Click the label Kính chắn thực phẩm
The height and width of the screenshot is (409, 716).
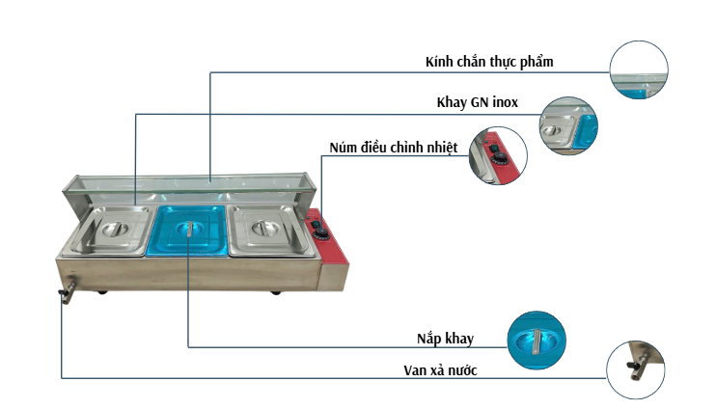488,62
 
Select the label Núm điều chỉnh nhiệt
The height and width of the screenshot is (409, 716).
393,147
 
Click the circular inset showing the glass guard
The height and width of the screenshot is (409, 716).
640,70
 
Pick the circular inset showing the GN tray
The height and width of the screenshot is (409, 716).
568,125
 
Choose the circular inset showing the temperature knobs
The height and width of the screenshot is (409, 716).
498,155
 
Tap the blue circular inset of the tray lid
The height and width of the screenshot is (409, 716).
537,340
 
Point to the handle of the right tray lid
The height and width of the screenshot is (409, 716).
265,230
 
